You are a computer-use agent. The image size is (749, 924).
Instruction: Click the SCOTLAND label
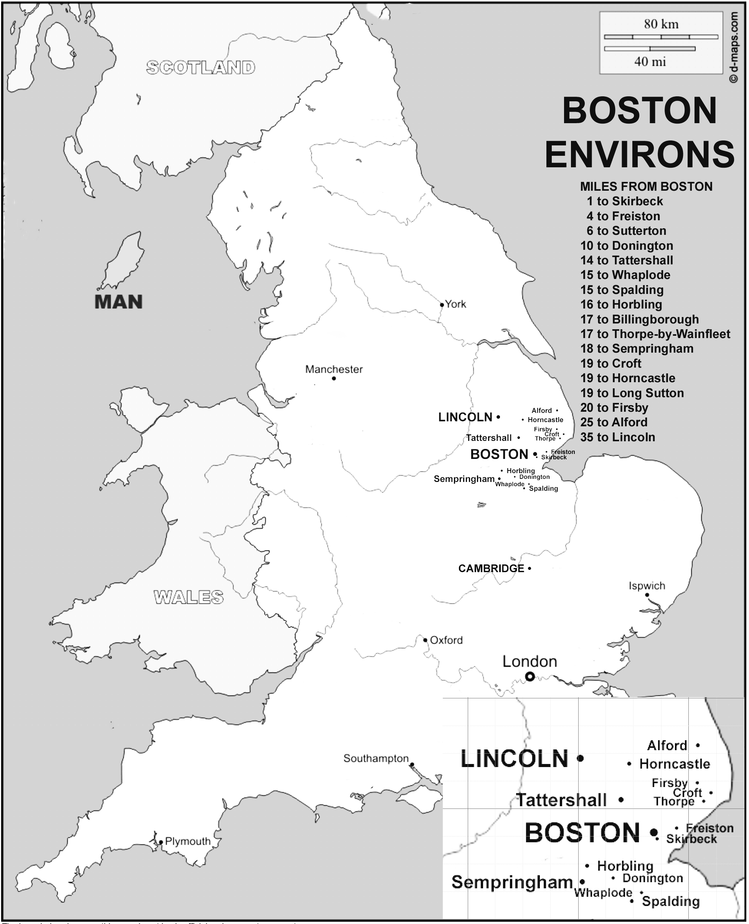tap(201, 68)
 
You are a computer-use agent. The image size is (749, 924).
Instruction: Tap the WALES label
tap(188, 597)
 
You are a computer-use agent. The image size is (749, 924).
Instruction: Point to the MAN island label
tap(119, 302)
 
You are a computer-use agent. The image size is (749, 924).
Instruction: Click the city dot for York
tap(442, 305)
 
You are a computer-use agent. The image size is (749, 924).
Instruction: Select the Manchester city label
tap(334, 369)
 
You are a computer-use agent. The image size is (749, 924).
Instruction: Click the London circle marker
tap(530, 677)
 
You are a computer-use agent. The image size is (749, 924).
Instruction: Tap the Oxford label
tap(446, 640)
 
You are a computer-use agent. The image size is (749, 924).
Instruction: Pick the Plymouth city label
tap(188, 841)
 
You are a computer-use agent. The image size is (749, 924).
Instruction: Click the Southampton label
tap(376, 758)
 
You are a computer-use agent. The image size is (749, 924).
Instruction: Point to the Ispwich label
tap(647, 586)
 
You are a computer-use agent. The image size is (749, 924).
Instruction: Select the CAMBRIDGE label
tap(491, 569)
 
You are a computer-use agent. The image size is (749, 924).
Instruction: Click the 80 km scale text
tap(661, 24)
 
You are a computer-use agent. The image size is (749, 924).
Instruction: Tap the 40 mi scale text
tap(650, 62)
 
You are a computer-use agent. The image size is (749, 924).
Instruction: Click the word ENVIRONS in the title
tap(639, 154)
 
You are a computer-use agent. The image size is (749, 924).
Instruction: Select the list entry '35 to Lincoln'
tap(617, 437)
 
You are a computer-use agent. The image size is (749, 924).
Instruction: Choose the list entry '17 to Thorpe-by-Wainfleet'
tap(655, 334)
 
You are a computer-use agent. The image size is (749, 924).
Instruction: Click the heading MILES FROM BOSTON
tap(646, 186)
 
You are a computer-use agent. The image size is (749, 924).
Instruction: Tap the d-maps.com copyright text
tap(734, 47)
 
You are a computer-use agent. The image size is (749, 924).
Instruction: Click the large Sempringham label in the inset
tap(512, 882)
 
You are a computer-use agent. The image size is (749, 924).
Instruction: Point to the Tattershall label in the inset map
tap(561, 800)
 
